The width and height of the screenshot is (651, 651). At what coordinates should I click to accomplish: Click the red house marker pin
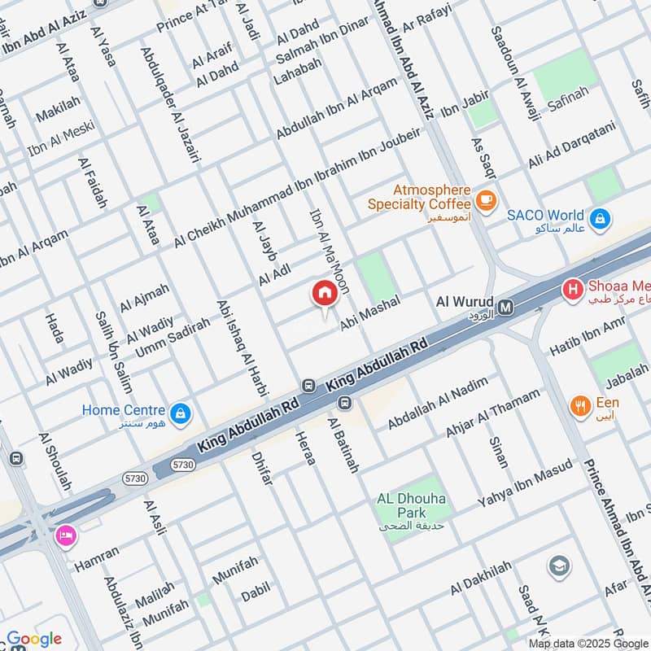(x=324, y=293)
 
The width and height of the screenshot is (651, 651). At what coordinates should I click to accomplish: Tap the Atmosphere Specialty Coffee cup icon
(x=486, y=199)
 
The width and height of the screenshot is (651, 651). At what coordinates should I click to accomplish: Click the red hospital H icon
(x=573, y=288)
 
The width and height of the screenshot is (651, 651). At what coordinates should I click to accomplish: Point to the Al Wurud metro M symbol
(x=506, y=307)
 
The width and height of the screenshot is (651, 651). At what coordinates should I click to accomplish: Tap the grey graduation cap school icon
(x=558, y=565)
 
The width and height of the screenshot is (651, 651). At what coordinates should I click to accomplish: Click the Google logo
(x=34, y=639)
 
